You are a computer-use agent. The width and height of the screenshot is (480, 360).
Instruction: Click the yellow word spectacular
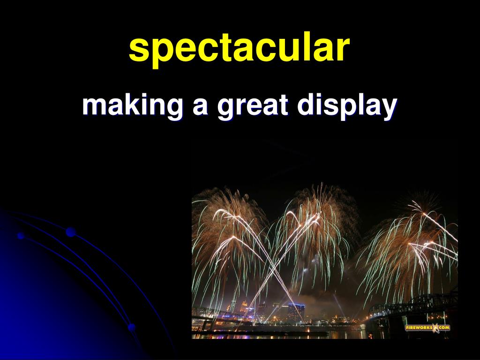(239, 48)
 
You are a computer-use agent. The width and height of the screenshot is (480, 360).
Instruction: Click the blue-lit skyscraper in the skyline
(296, 312)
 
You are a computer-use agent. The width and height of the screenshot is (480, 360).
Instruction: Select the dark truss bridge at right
(412, 309)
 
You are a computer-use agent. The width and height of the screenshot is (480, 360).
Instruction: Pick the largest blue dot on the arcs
(71, 232)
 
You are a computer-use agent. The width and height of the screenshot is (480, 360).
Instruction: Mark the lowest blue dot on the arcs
(132, 327)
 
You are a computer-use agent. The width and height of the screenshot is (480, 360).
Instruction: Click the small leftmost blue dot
(21, 235)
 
